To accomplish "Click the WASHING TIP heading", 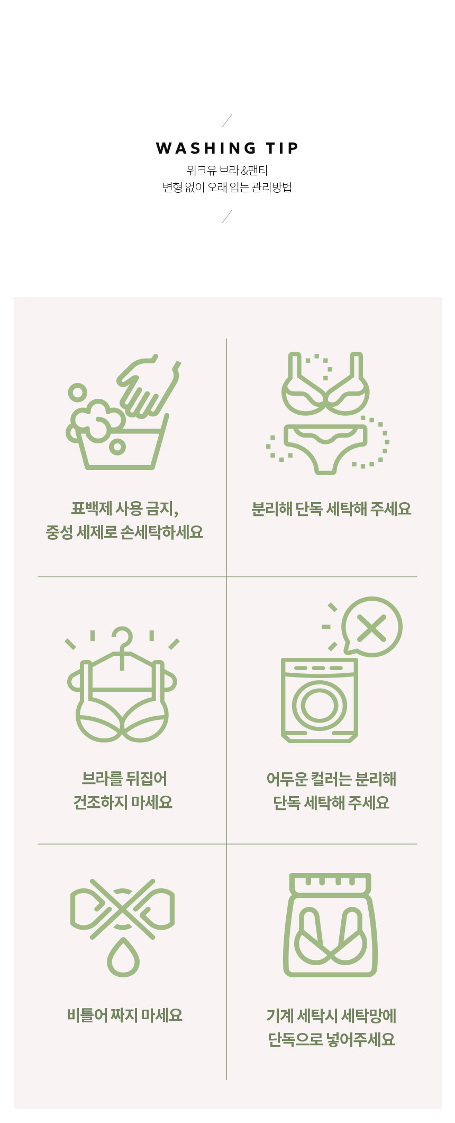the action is [228, 148].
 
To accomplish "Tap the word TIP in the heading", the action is [282, 148].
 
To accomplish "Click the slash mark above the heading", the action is [227, 121].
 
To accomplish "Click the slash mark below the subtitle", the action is [227, 217].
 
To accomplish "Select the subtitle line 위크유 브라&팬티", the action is [228, 171].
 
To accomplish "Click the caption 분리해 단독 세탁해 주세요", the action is [331, 509].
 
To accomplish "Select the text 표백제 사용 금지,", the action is [125, 509].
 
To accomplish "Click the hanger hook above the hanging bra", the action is [123, 641].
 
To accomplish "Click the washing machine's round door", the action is [320, 706].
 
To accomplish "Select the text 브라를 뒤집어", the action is [124, 779].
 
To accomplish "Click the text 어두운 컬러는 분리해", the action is [331, 779].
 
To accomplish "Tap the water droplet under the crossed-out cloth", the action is [123, 958].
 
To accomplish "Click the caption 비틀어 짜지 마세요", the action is [125, 1015].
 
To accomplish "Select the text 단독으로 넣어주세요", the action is [331, 1040].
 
